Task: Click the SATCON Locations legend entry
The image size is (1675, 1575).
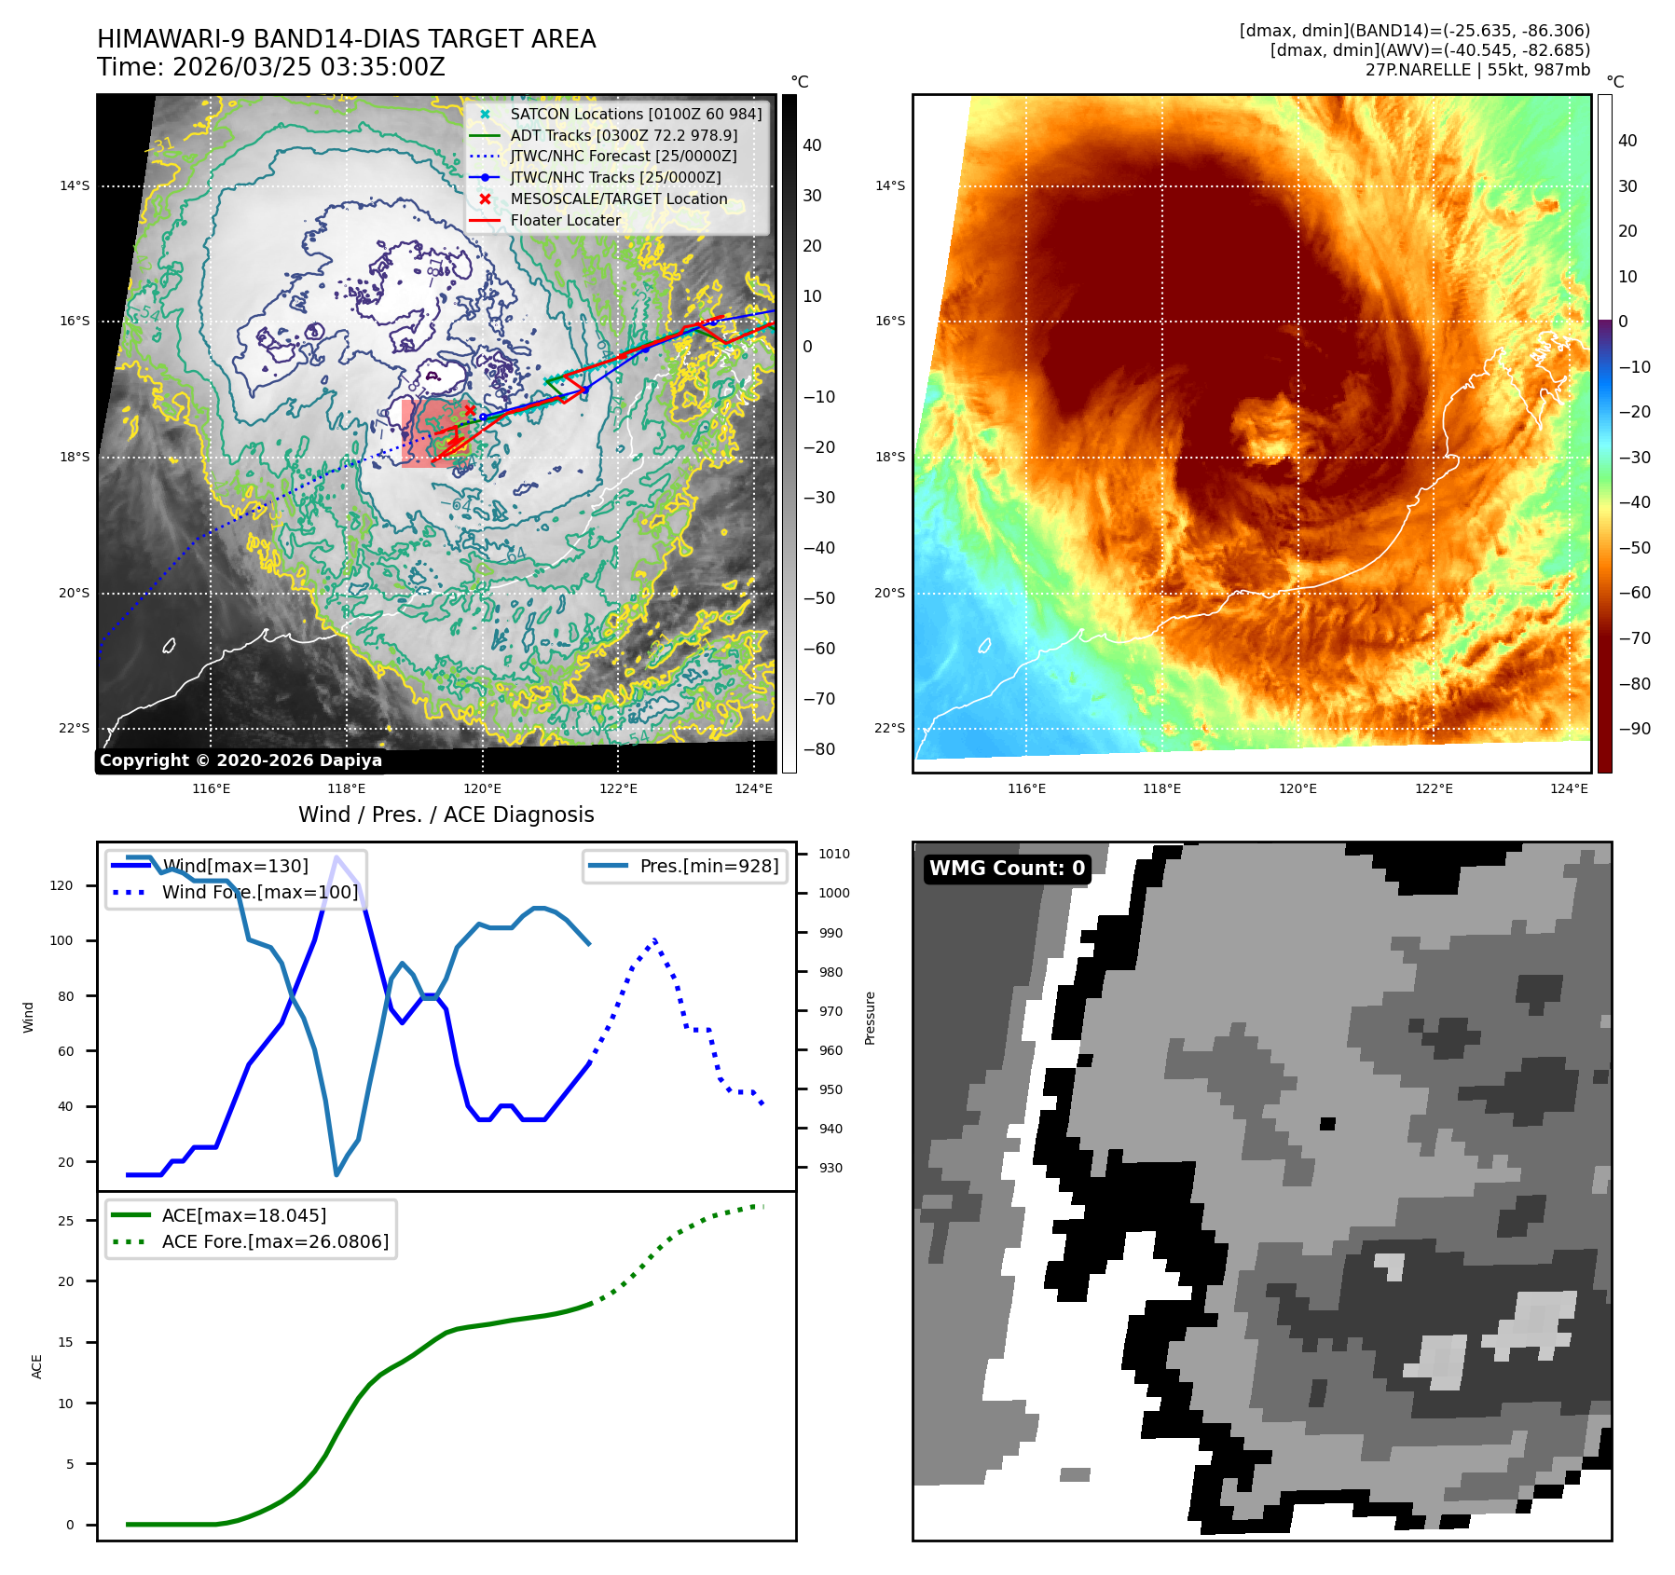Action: [636, 114]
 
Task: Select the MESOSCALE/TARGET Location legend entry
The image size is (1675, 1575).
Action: [618, 199]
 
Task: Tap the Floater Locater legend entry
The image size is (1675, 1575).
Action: [565, 220]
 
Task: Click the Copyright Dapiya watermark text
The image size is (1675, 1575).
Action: [240, 760]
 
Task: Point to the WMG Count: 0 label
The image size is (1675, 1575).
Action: [1007, 869]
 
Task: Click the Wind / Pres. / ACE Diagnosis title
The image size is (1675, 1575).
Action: [446, 815]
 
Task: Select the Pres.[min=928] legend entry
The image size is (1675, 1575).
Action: [708, 866]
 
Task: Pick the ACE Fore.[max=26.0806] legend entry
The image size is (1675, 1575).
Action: [275, 1241]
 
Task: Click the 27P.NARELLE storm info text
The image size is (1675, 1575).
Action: [1477, 70]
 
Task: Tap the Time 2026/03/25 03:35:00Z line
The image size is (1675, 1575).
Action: [271, 68]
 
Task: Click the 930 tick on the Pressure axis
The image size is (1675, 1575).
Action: [831, 1168]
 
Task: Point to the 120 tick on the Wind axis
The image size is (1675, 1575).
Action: [62, 885]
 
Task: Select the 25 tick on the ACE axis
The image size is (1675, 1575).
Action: [65, 1221]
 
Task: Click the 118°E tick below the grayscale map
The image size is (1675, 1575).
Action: [347, 789]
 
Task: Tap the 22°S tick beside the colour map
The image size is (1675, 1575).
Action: [889, 728]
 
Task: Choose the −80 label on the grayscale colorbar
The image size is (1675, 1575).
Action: [819, 749]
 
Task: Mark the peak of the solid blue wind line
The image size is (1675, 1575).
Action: [336, 856]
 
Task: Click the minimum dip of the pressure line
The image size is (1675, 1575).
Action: [336, 1174]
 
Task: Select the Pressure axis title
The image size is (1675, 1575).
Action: [870, 1018]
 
